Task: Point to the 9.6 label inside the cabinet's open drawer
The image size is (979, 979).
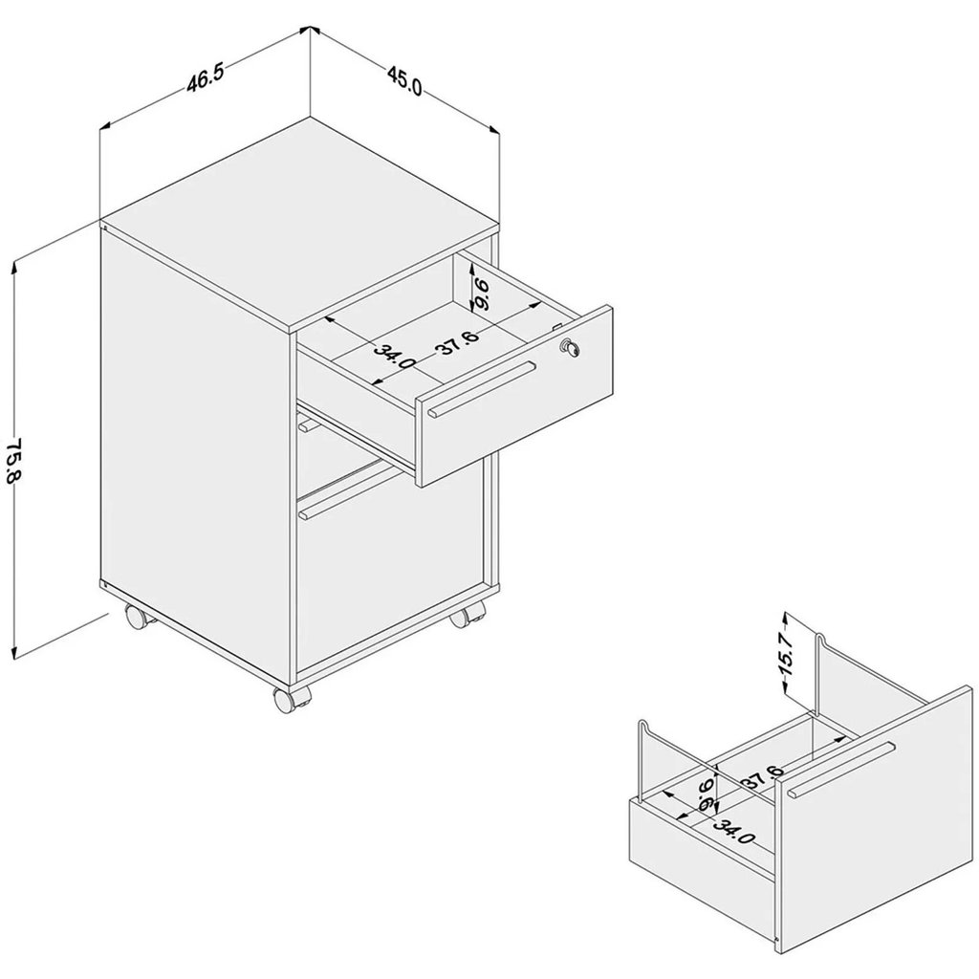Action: (x=482, y=294)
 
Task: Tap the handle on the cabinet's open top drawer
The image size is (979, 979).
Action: (x=482, y=389)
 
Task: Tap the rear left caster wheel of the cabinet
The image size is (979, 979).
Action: (x=137, y=616)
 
